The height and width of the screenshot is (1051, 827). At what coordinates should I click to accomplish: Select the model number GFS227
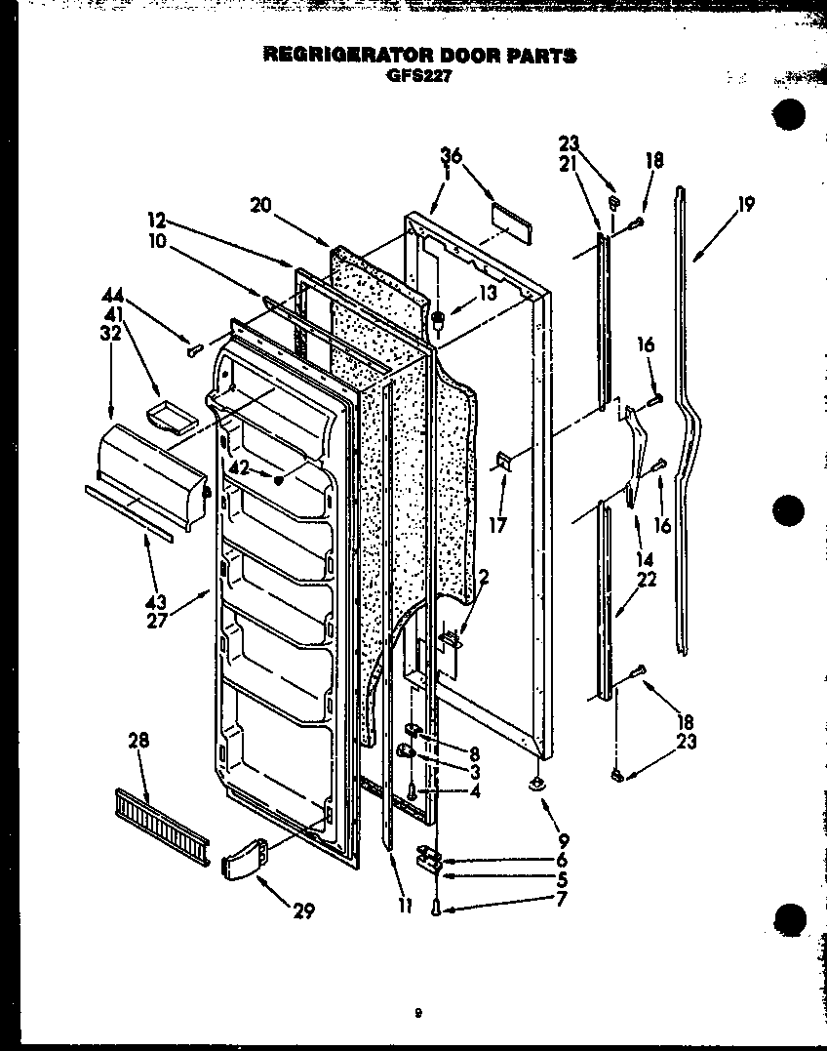click(x=418, y=76)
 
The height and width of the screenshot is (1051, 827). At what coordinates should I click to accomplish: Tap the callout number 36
click(x=451, y=155)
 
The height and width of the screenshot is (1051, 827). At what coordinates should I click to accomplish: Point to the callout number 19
click(x=746, y=205)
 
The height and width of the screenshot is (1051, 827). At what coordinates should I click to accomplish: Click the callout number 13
click(x=489, y=292)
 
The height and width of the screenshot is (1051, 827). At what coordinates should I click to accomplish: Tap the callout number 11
click(x=406, y=906)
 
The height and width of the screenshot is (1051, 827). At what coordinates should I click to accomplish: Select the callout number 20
click(x=260, y=205)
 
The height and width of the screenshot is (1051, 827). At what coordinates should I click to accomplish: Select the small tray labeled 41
click(x=168, y=418)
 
